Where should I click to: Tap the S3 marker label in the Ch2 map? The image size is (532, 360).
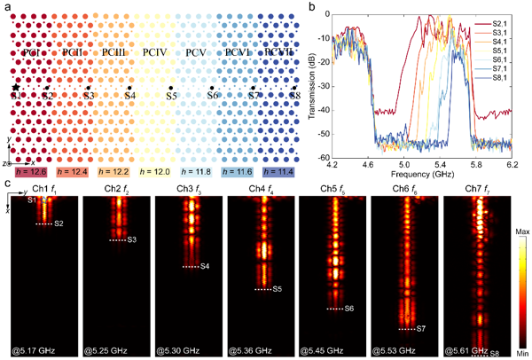pyautogui.click(x=131, y=240)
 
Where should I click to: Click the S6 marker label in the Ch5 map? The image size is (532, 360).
pyautogui.click(x=349, y=309)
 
